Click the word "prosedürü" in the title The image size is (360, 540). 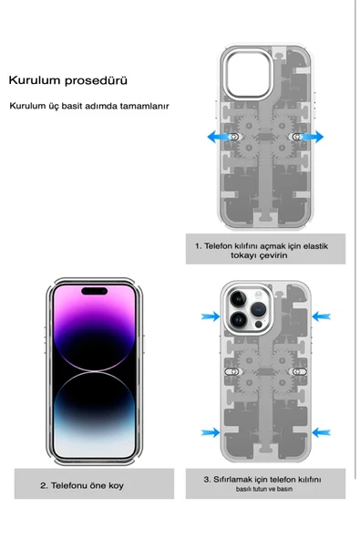tap(96, 80)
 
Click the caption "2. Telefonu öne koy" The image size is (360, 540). tap(81, 485)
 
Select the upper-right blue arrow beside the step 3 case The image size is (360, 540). tap(320, 316)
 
